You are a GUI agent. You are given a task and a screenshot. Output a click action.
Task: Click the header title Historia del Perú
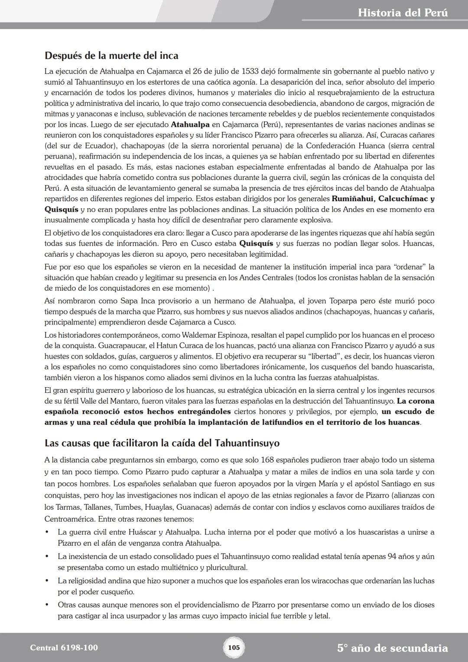[x=403, y=13]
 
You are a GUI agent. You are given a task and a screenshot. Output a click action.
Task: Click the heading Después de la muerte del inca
[x=111, y=55]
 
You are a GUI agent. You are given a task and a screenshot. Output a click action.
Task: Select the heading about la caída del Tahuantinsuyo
[x=162, y=443]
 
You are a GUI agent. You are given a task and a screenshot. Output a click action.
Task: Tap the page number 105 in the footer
[x=234, y=648]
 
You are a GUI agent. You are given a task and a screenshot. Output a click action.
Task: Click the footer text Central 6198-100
[x=64, y=648]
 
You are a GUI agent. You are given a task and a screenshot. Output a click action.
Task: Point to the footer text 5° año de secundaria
[x=392, y=648]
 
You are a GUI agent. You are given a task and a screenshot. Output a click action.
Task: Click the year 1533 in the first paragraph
[x=250, y=71]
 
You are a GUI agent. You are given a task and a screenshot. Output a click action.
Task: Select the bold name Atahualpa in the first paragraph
[x=190, y=124]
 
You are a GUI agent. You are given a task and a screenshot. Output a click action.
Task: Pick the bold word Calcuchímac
[x=404, y=199]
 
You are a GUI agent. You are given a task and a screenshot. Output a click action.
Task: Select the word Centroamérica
[x=70, y=519]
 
